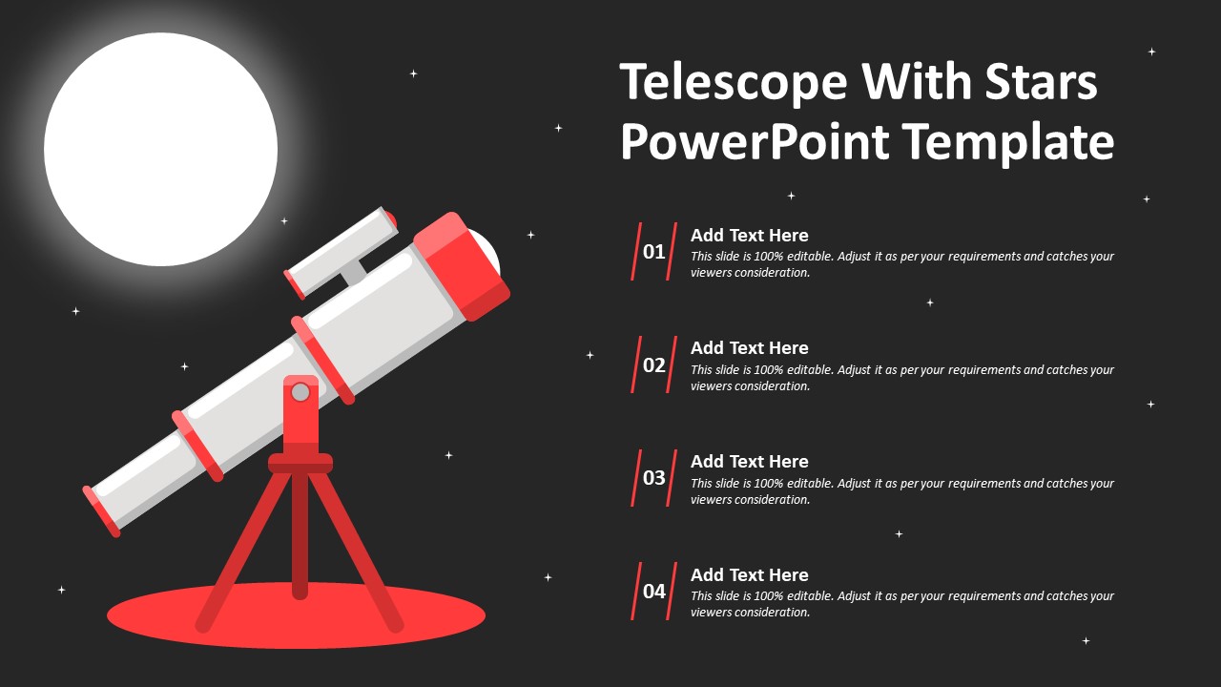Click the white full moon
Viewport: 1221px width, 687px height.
coord(160,149)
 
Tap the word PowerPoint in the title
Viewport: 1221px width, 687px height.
coord(755,141)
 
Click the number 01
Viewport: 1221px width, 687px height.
coord(653,252)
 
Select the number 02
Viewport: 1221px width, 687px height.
coord(653,364)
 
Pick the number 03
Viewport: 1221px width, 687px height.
coord(653,478)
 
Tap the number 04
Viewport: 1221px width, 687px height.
coord(653,592)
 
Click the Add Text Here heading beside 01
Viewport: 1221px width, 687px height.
coord(749,236)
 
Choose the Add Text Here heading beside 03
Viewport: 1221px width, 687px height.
coord(749,462)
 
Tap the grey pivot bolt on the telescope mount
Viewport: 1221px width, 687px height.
coord(300,391)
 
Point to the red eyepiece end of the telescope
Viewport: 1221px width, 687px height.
coord(100,510)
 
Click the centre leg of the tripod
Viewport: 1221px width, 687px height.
coord(300,534)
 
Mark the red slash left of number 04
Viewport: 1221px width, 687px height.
coord(636,592)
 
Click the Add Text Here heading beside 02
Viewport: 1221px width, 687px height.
coord(749,348)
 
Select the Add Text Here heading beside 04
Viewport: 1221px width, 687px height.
coord(749,575)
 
